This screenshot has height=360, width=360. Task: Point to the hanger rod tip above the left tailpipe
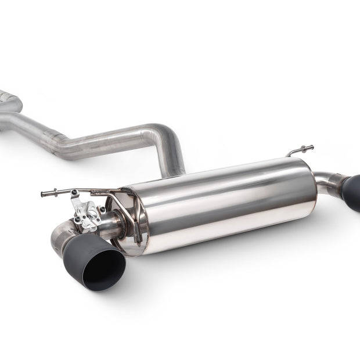click(x=44, y=194)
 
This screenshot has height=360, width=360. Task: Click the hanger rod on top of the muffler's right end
click(x=300, y=150)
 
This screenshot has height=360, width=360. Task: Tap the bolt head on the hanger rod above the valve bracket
click(x=74, y=192)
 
